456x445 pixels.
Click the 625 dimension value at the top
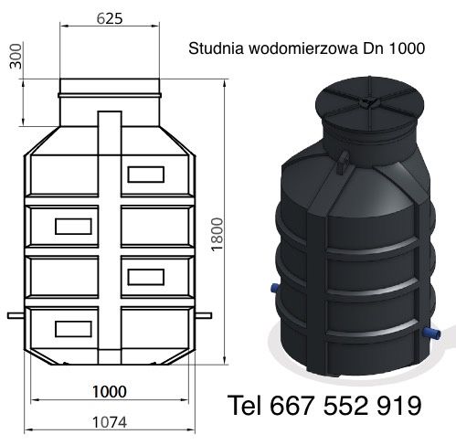pyautogui.click(x=109, y=17)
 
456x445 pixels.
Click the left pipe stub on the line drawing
pyautogui.click(x=16, y=316)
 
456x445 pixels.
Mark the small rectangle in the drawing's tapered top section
pyautogui.click(x=144, y=172)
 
